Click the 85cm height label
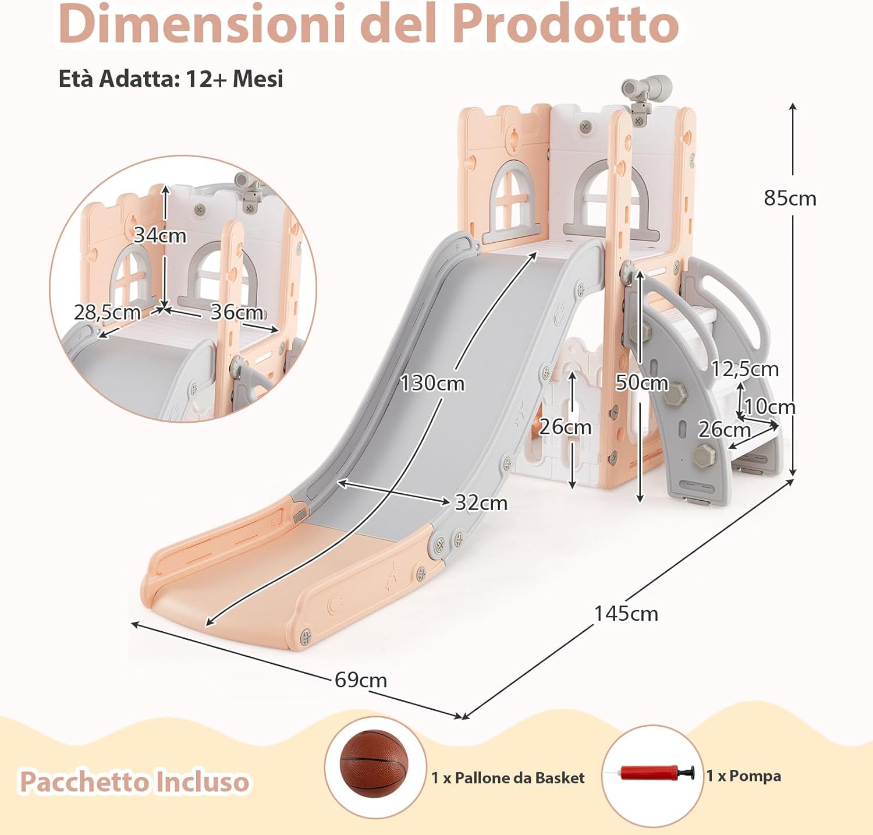(790, 199)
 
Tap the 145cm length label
(626, 614)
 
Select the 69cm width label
(360, 680)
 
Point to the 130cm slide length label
(432, 384)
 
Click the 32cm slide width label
(481, 503)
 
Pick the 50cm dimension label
(641, 383)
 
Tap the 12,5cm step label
(744, 369)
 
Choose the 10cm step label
(769, 406)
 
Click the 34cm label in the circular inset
(160, 236)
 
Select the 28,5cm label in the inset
(107, 313)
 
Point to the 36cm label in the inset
(236, 313)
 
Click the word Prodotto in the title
(565, 24)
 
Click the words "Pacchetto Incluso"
(134, 781)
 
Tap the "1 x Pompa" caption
(743, 776)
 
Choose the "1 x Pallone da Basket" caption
(508, 778)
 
